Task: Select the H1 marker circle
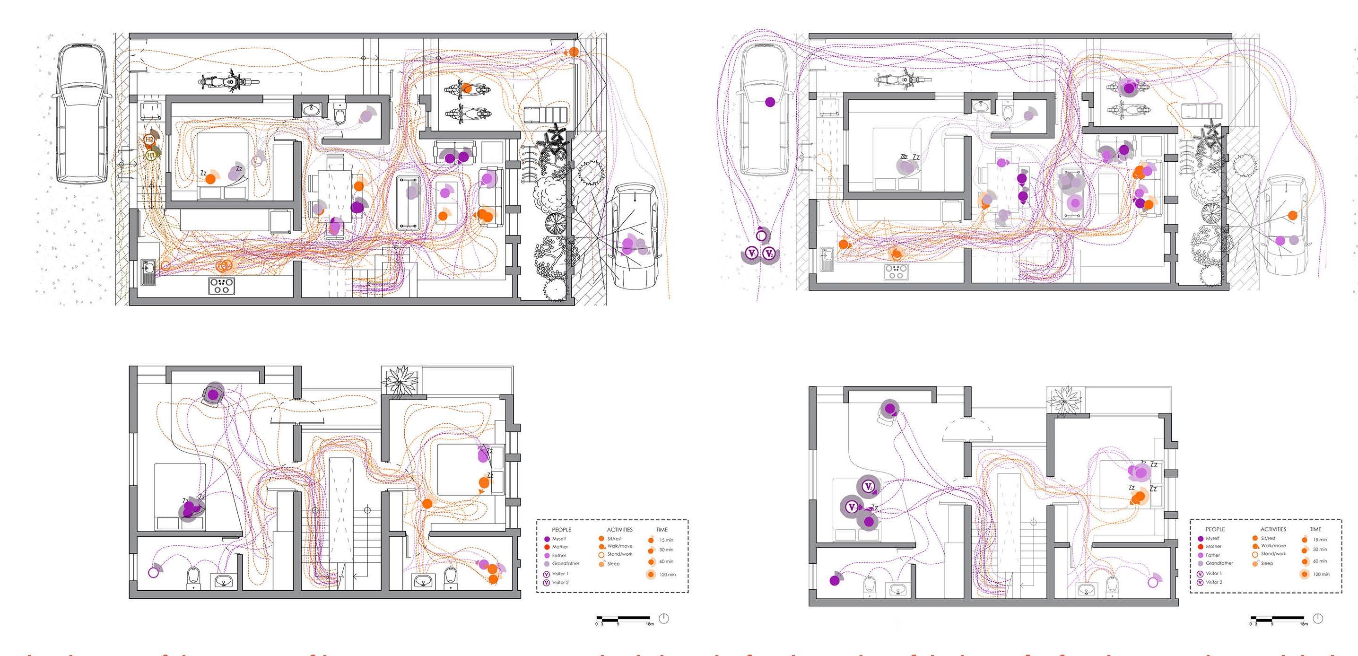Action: (x=151, y=156)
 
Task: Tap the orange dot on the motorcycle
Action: (x=467, y=87)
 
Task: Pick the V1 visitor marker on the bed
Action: (x=852, y=507)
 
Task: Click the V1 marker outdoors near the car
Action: (x=752, y=254)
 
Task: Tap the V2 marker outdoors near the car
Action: (x=769, y=254)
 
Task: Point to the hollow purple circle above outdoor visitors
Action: (x=761, y=236)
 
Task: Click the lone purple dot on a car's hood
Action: (x=770, y=102)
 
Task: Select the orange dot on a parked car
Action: (x=1293, y=215)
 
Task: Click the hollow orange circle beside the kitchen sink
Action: (x=166, y=266)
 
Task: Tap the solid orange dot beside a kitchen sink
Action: (x=844, y=244)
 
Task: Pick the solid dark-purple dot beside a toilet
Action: (x=835, y=581)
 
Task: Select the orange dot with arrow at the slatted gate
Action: (x=573, y=52)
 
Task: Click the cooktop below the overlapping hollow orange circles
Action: (x=221, y=286)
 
